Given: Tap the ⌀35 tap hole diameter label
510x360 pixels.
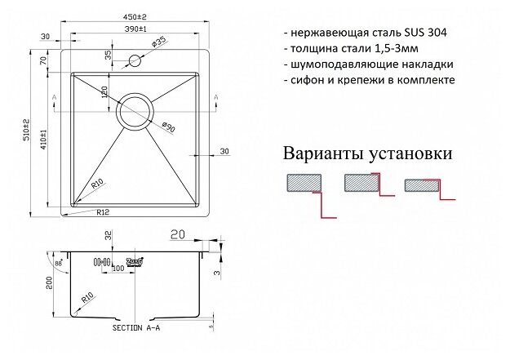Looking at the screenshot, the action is (160, 39).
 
